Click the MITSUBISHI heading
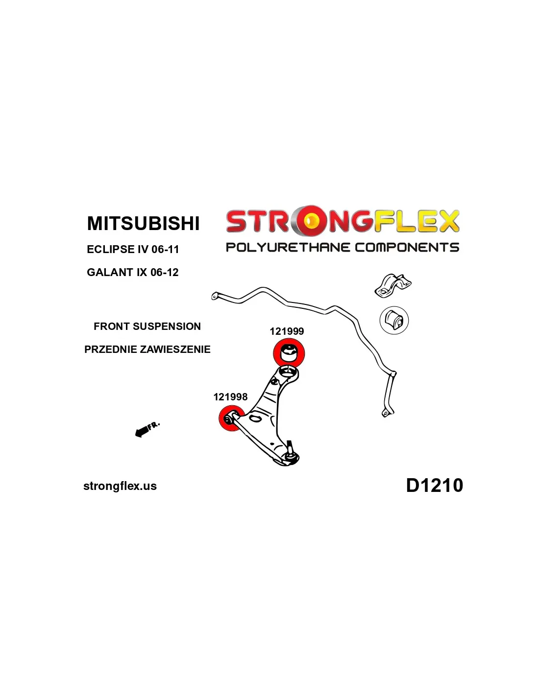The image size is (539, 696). click(x=143, y=223)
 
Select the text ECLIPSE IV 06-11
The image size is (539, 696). click(x=133, y=249)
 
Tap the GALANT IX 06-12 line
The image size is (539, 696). click(x=132, y=272)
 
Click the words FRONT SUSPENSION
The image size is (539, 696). click(x=147, y=326)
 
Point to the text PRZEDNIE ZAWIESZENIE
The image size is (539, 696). click(x=147, y=349)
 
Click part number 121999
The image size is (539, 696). click(x=287, y=331)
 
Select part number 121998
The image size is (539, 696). click(x=230, y=397)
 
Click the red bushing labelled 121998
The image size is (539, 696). click(x=229, y=419)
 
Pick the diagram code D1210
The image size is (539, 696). click(x=434, y=485)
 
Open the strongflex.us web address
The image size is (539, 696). click(x=120, y=486)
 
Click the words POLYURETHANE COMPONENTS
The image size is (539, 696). click(x=342, y=247)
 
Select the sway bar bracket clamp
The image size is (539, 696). click(x=392, y=285)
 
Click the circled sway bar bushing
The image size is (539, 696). click(x=394, y=320)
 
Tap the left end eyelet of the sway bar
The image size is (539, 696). click(x=214, y=296)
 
